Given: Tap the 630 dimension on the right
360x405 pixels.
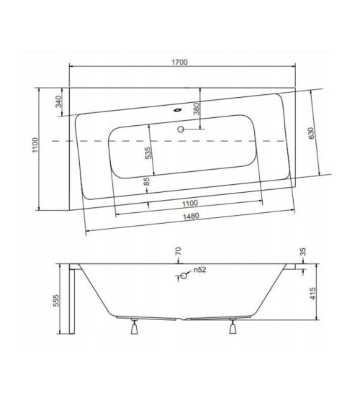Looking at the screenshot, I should click(311, 132).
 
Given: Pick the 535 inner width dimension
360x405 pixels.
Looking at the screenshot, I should click(147, 152).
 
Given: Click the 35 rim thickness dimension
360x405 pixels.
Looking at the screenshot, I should click(302, 252).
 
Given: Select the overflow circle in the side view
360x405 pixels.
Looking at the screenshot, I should click(184, 276).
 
